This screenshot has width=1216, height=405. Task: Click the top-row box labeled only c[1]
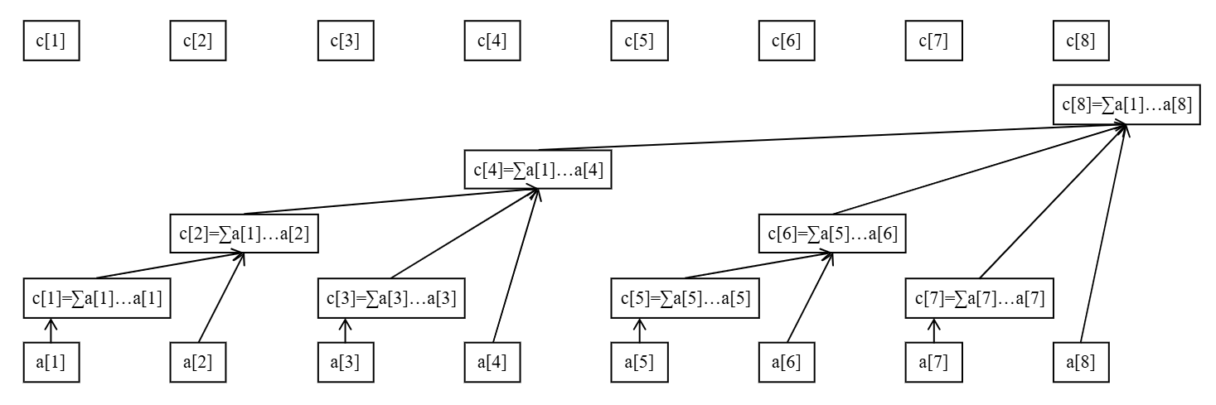[51, 41]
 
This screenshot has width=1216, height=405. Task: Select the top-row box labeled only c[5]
[639, 41]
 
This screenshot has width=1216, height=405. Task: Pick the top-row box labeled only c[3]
[345, 41]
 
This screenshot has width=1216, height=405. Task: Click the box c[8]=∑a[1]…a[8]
[1126, 105]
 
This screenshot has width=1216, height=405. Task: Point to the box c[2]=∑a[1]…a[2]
[245, 234]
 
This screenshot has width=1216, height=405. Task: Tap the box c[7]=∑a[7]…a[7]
[979, 298]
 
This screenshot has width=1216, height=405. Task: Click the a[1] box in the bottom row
[51, 363]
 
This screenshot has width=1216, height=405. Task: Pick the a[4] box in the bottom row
[492, 363]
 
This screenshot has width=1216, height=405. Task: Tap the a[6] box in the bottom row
[786, 363]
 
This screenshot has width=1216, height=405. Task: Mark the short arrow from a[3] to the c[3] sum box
[345, 331]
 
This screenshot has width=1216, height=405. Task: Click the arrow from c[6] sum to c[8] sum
[978, 171]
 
